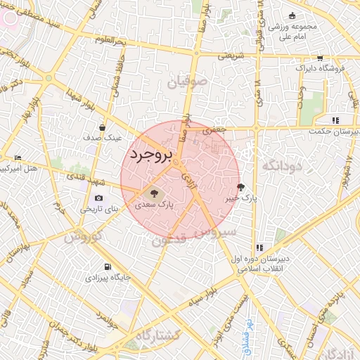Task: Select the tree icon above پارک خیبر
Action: (242, 187)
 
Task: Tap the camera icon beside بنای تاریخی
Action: (98, 198)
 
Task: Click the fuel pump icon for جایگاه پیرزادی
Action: (107, 266)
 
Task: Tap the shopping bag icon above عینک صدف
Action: (103, 127)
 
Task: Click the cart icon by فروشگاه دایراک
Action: (320, 58)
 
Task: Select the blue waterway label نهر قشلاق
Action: (247, 330)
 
